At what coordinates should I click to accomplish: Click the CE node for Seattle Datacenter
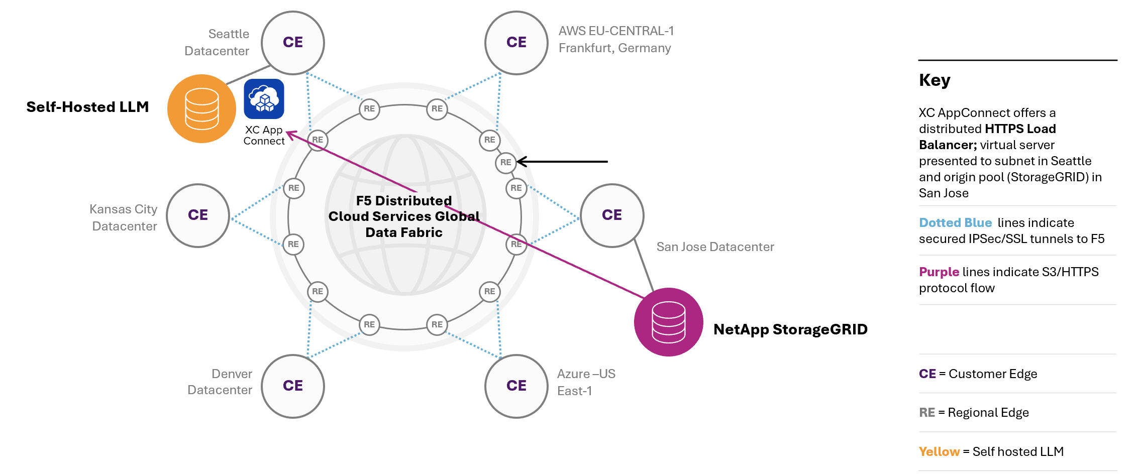tap(293, 43)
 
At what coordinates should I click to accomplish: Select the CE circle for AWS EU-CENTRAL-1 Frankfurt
tap(516, 43)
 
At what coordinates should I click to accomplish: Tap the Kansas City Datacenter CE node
tap(198, 215)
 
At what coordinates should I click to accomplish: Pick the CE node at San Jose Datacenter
tap(612, 215)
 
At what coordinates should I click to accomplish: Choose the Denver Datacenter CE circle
tap(293, 386)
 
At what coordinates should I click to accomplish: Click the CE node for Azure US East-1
tap(516, 386)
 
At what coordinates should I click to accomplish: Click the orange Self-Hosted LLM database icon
tap(201, 109)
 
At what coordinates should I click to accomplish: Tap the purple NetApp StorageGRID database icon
tap(668, 322)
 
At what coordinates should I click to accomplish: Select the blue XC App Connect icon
tap(264, 99)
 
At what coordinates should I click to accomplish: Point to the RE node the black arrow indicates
tap(505, 162)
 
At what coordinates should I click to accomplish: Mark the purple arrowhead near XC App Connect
tap(289, 134)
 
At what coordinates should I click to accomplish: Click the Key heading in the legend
tap(935, 80)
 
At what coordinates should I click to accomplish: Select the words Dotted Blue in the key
tap(955, 223)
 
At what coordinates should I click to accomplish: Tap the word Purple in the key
tap(939, 272)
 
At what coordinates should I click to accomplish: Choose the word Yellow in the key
tap(939, 452)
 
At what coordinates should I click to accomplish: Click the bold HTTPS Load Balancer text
tap(1020, 130)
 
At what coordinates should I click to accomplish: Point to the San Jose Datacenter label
tap(715, 247)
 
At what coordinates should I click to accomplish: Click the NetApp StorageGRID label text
tap(790, 329)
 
